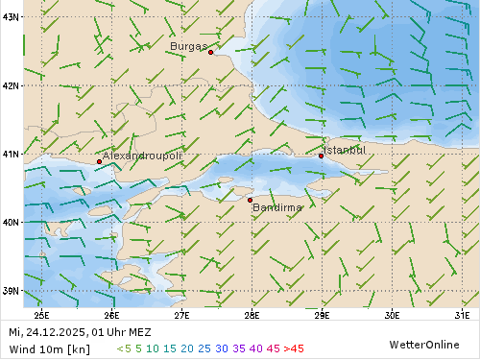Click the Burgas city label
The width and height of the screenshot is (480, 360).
(x=187, y=46)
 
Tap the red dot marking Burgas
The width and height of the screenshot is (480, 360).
(x=210, y=52)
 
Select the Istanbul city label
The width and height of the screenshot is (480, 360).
(x=345, y=150)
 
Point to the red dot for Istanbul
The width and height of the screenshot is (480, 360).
(x=321, y=156)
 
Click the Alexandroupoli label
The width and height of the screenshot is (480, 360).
(x=142, y=156)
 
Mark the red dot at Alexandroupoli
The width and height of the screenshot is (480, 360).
(x=99, y=161)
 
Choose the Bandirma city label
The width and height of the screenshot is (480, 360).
(x=277, y=207)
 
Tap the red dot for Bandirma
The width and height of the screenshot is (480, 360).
(x=250, y=200)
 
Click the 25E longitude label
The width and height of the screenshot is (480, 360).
(x=41, y=313)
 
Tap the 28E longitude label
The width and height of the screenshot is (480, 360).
(x=252, y=313)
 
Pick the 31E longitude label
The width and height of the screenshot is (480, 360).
(x=462, y=313)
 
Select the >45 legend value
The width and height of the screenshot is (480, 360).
(x=294, y=348)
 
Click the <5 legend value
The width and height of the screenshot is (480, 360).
(x=123, y=348)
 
